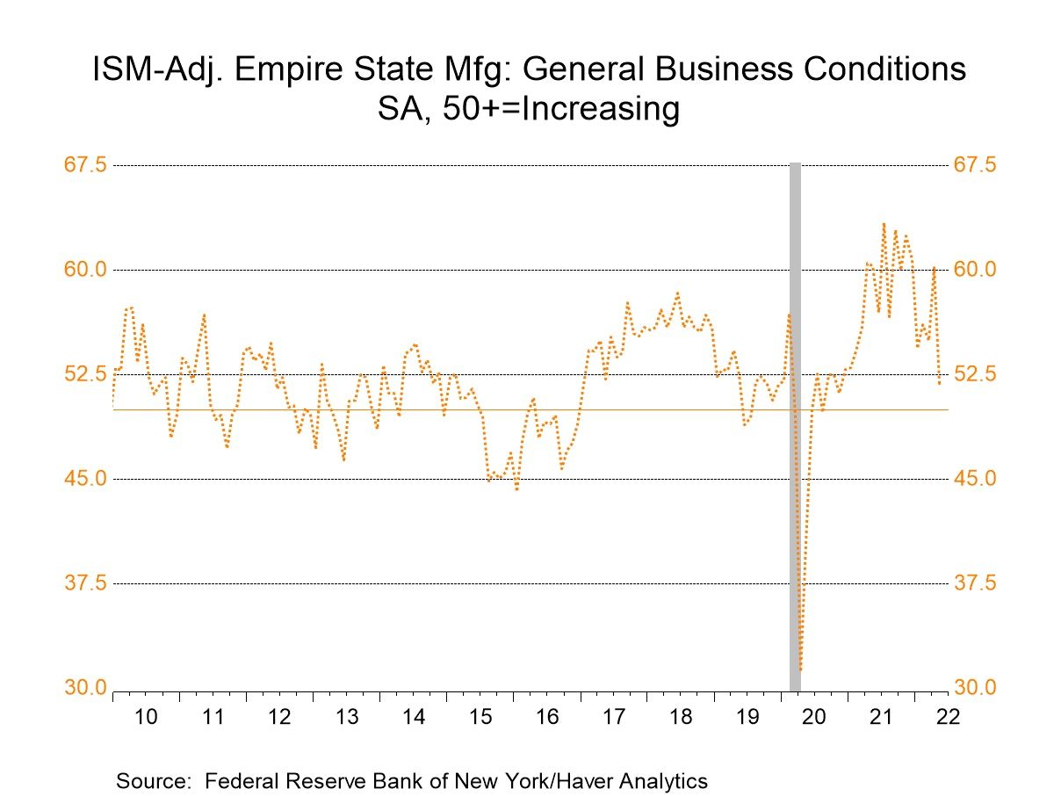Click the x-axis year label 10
tap(146, 716)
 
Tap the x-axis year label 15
tap(480, 716)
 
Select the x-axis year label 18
tap(680, 716)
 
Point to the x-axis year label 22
tap(947, 716)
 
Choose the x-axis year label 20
tap(813, 716)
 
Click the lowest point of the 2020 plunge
tap(801, 670)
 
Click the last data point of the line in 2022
tap(939, 383)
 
